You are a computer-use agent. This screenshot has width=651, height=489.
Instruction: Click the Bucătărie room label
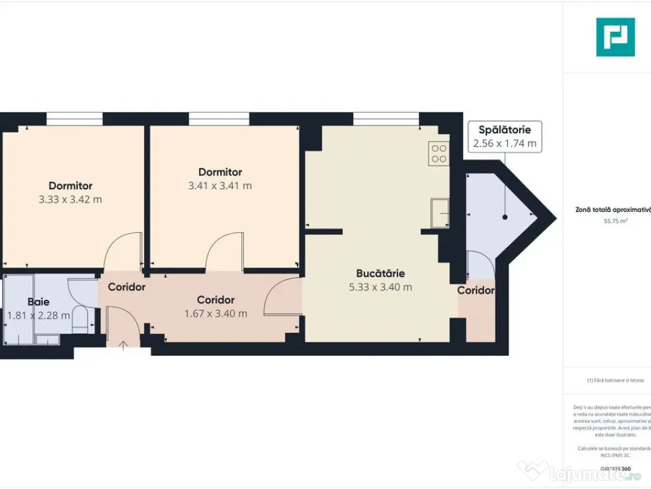tap(380, 273)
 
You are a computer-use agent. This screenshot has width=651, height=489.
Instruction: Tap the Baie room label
tap(38, 302)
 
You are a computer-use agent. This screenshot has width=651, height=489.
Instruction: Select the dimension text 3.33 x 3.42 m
tap(70, 199)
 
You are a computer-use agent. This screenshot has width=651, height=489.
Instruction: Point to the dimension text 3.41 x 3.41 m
tap(220, 186)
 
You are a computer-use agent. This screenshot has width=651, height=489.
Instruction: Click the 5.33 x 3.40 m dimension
tap(380, 287)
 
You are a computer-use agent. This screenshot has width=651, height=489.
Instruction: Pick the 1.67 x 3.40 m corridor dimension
tap(216, 313)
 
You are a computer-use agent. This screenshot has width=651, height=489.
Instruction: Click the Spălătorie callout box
tap(505, 136)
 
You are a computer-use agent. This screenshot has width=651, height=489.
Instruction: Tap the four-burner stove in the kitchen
tap(439, 153)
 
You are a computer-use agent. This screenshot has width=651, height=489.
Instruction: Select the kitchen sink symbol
tap(439, 213)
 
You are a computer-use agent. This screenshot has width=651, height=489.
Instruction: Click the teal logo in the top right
tap(615, 37)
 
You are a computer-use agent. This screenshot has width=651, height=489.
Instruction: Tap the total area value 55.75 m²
tap(615, 222)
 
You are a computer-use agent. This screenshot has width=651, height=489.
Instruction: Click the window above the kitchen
tap(386, 119)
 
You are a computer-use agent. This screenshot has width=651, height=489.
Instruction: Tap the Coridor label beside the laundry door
tap(476, 290)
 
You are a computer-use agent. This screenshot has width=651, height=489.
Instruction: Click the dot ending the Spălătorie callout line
tap(505, 217)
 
